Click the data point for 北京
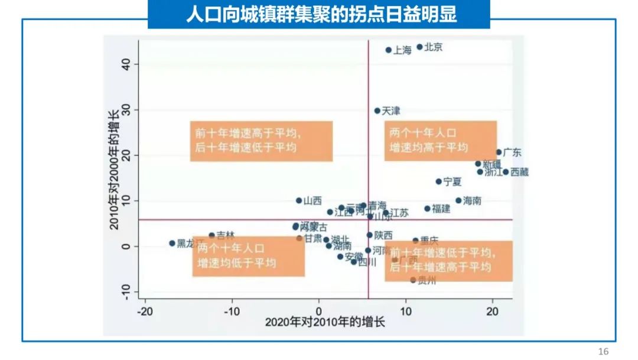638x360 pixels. click(x=420, y=47)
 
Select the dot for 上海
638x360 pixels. click(x=389, y=50)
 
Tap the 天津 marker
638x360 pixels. click(x=377, y=111)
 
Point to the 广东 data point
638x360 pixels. click(x=499, y=152)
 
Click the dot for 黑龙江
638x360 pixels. click(x=172, y=243)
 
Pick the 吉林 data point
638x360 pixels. click(x=211, y=235)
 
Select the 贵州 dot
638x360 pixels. click(x=413, y=280)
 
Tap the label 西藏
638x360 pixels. click(x=519, y=172)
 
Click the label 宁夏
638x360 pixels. click(x=453, y=181)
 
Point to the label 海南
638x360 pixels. click(x=472, y=201)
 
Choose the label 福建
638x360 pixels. click(x=441, y=209)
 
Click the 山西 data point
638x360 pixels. click(x=299, y=200)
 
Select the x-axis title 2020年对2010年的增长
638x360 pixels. click(x=325, y=323)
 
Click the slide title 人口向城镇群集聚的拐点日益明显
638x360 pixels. click(x=319, y=15)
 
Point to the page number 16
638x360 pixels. click(x=603, y=352)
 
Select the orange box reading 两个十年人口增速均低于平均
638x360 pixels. click(x=249, y=256)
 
